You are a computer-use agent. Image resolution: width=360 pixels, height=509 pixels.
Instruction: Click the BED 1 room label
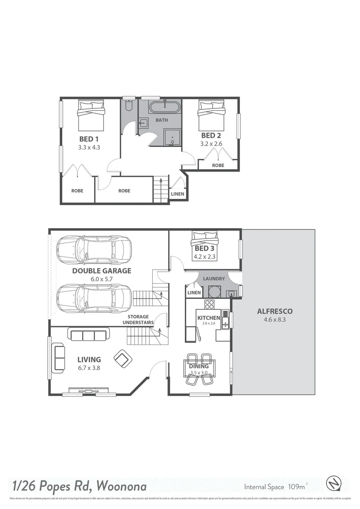click(x=89, y=139)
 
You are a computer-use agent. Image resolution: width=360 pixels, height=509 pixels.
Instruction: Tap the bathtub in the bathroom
click(x=164, y=107)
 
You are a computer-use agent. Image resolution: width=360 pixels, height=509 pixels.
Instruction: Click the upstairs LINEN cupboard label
click(x=177, y=194)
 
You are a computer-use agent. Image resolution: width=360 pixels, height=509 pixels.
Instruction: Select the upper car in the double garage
click(x=93, y=249)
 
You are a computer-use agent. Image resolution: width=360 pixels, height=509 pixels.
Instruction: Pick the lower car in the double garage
click(x=93, y=298)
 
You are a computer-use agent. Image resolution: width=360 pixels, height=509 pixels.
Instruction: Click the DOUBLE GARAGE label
click(x=101, y=271)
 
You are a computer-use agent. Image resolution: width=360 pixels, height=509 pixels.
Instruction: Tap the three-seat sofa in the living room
click(x=87, y=335)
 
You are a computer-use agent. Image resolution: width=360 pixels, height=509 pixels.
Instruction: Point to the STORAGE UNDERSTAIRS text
click(x=138, y=320)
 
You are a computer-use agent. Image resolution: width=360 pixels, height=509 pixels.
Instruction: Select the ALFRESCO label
click(x=275, y=311)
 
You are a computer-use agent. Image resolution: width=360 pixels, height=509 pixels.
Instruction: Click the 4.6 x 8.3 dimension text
click(x=275, y=320)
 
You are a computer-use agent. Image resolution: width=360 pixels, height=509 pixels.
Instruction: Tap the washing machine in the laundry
click(x=214, y=292)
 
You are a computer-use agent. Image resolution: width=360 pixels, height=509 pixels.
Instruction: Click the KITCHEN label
click(x=208, y=318)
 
